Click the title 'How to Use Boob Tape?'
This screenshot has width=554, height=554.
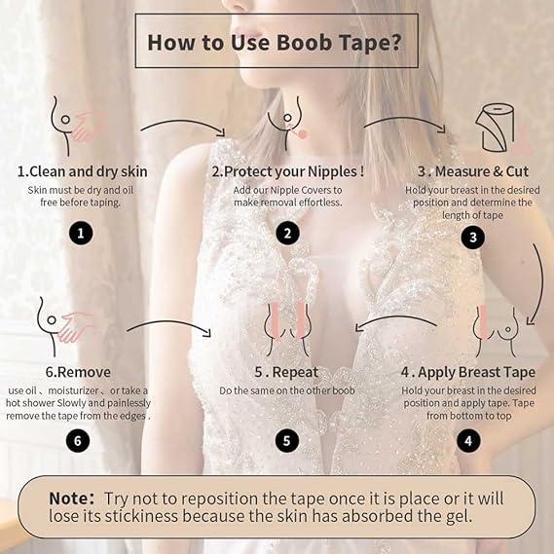(276, 42)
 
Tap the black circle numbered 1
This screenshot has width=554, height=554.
(83, 233)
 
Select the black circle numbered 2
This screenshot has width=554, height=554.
(286, 233)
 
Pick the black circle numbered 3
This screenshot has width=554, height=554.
(472, 237)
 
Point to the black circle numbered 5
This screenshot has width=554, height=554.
(286, 440)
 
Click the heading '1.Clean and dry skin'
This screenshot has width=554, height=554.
(83, 171)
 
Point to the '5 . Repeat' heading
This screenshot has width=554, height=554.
(286, 371)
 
